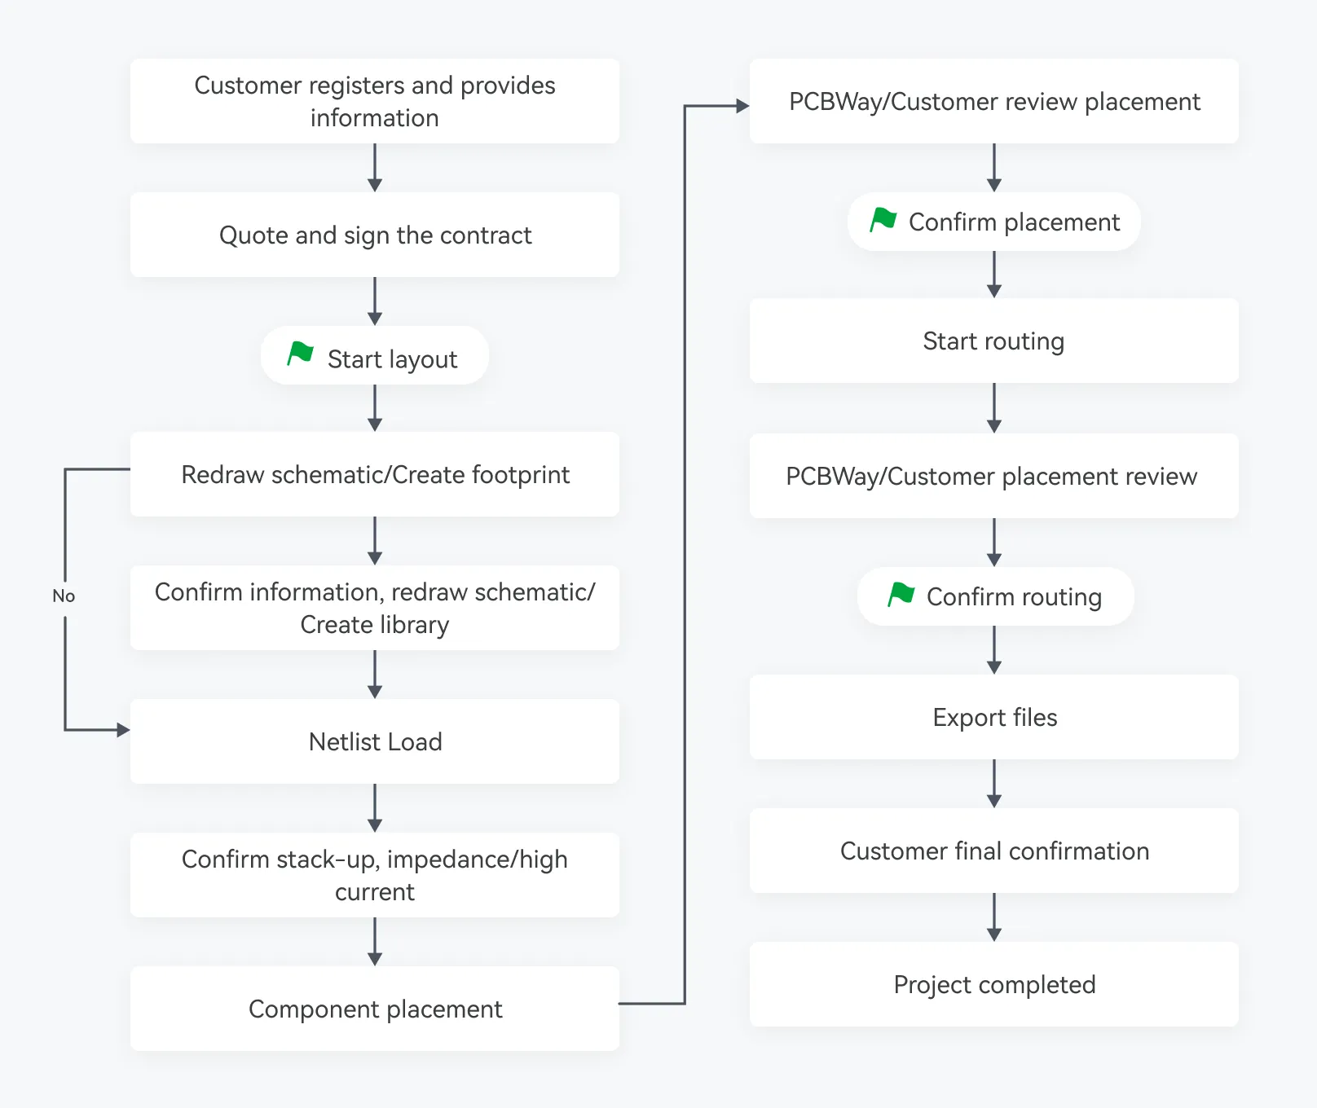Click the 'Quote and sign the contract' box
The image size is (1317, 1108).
[x=375, y=235]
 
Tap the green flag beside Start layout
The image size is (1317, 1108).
[x=301, y=354]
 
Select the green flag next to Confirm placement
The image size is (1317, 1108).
[x=883, y=219]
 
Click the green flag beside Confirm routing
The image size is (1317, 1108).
[x=901, y=594]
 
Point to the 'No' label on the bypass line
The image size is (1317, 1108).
[x=64, y=596]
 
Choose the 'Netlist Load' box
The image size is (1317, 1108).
[x=375, y=741]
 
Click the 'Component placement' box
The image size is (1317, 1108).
[x=375, y=1009]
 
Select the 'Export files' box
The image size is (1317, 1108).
[x=994, y=717]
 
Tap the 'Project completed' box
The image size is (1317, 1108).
[x=994, y=984]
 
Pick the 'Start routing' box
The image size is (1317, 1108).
[x=994, y=341]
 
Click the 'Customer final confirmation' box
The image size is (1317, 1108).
[x=994, y=851]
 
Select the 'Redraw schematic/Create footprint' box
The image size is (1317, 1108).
[x=375, y=474]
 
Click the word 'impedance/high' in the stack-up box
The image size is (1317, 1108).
[x=478, y=860]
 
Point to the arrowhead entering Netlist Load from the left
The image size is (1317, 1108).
[x=124, y=730]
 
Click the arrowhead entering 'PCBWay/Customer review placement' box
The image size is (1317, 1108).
[x=743, y=106]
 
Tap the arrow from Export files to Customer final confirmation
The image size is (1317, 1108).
[x=994, y=784]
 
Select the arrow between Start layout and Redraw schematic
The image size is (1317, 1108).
[x=375, y=408]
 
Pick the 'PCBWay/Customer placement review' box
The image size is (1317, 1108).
[x=994, y=476]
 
